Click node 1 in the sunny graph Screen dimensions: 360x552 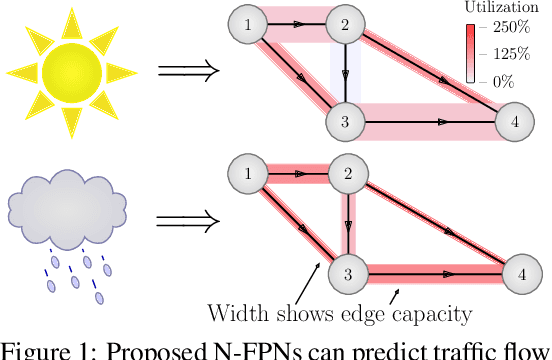(247, 24)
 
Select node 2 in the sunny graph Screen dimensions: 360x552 (345, 24)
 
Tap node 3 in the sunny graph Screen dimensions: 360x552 (345, 122)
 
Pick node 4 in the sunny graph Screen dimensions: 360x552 (514, 122)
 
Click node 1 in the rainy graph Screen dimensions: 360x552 (247, 175)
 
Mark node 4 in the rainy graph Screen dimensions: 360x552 (520, 272)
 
